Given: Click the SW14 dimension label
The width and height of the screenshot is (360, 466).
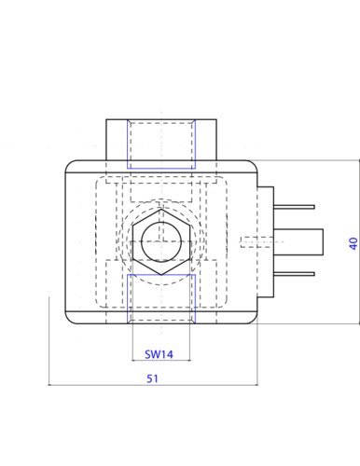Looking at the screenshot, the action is [159, 354].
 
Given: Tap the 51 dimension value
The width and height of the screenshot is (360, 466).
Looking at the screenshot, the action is [152, 378].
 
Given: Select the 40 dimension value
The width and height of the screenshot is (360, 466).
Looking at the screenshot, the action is [353, 243].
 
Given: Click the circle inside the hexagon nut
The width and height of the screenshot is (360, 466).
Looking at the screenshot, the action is [161, 241].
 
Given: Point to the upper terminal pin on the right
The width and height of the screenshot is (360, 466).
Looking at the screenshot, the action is [294, 207].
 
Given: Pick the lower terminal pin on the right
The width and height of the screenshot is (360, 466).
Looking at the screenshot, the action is [294, 274].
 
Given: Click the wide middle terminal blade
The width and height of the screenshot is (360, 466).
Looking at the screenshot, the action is [298, 242].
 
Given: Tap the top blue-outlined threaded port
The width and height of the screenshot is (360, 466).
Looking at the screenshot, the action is [161, 144].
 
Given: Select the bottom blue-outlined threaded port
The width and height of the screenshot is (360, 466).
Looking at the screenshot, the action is [161, 299].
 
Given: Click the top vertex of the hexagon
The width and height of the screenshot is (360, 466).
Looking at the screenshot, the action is [161, 209].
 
